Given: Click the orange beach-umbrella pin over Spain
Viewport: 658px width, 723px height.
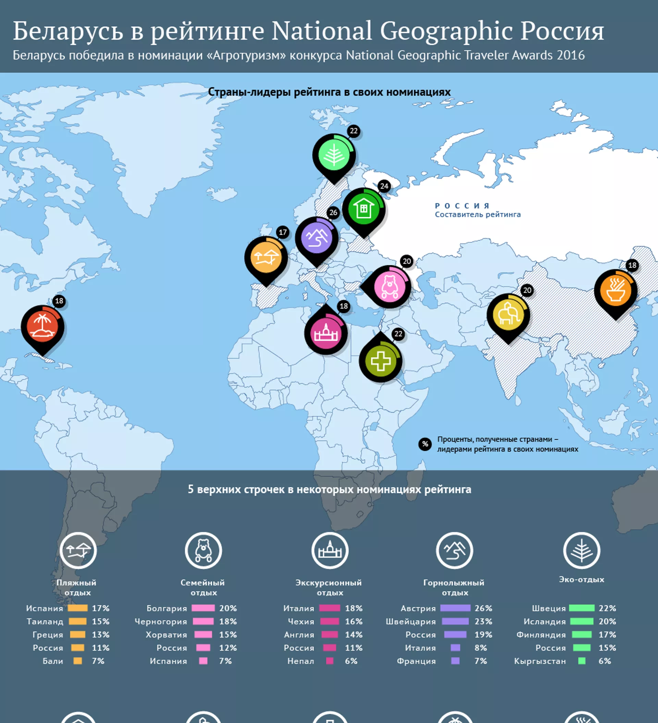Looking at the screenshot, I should (x=266, y=258).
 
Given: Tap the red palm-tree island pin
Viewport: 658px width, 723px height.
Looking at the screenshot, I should (x=42, y=327).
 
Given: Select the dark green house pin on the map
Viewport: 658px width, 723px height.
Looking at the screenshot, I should (x=364, y=210).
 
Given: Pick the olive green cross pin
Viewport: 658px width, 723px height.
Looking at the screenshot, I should (x=380, y=360).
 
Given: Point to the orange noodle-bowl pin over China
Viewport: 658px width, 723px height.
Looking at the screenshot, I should (x=616, y=291).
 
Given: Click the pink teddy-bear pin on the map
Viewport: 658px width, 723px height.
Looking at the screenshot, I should (x=389, y=287).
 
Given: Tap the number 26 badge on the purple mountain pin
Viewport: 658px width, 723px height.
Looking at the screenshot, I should (x=333, y=213).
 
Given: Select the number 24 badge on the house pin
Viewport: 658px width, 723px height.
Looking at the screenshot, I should (x=384, y=186).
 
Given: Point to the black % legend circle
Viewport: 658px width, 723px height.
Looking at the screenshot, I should (x=425, y=444).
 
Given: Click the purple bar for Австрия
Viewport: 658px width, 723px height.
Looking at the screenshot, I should (x=455, y=608).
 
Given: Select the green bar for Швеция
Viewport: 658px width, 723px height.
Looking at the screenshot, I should (x=582, y=608).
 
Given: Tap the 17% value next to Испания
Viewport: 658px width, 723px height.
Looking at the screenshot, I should (x=100, y=608).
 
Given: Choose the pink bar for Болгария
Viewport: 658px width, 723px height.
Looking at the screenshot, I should (x=203, y=608).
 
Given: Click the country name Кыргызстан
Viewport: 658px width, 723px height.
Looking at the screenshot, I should (x=540, y=661).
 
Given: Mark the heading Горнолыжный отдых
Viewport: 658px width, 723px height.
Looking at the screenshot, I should (x=454, y=587).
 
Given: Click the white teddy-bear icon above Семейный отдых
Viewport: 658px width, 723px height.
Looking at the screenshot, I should (x=204, y=550).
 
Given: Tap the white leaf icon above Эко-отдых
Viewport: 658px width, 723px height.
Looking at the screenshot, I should (x=582, y=550).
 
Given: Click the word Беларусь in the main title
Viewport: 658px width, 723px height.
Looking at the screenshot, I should (x=68, y=31).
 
